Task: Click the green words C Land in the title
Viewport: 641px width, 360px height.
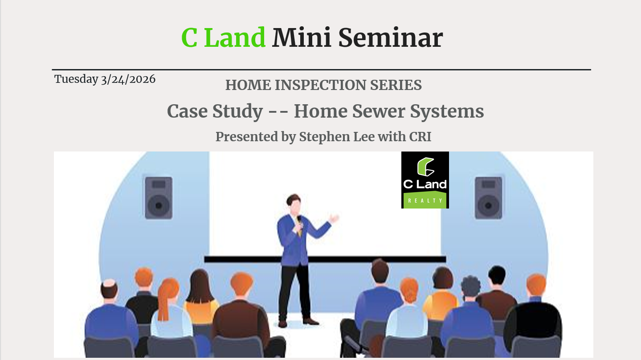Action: (x=224, y=37)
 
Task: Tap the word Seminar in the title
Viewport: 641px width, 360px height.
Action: (x=391, y=37)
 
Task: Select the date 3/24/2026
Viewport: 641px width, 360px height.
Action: (x=128, y=79)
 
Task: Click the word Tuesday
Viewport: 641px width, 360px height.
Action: (x=76, y=80)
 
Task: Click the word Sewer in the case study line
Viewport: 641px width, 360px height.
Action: (x=379, y=111)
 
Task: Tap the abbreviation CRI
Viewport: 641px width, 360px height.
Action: (x=420, y=136)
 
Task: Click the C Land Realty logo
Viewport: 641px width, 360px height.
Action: (x=425, y=180)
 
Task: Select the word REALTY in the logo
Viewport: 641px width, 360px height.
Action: (x=425, y=200)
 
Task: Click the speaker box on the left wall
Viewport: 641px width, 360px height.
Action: (x=159, y=198)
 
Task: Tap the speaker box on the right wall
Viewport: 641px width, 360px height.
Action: (x=488, y=198)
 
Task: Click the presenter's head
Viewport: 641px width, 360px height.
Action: (x=294, y=203)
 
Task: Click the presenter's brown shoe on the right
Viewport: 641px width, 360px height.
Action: (x=311, y=321)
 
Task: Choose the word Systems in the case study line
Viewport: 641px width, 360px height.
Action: (x=447, y=111)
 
